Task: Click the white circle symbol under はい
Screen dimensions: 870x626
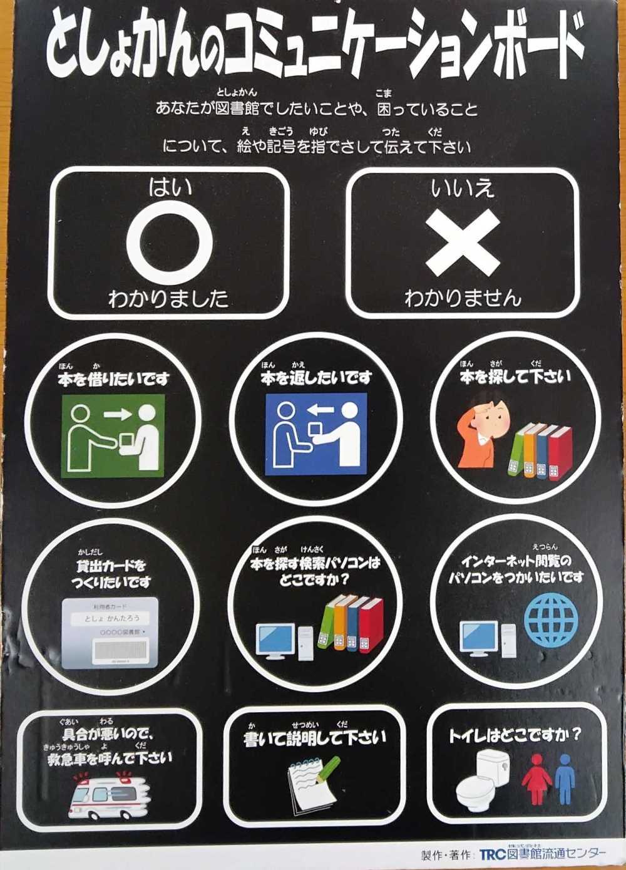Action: tap(170, 243)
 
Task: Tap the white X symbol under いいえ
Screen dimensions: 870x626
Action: tap(463, 242)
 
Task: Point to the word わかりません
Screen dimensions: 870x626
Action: tap(463, 298)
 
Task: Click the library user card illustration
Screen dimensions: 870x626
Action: tap(110, 632)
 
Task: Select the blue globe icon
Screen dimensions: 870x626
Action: tap(551, 619)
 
